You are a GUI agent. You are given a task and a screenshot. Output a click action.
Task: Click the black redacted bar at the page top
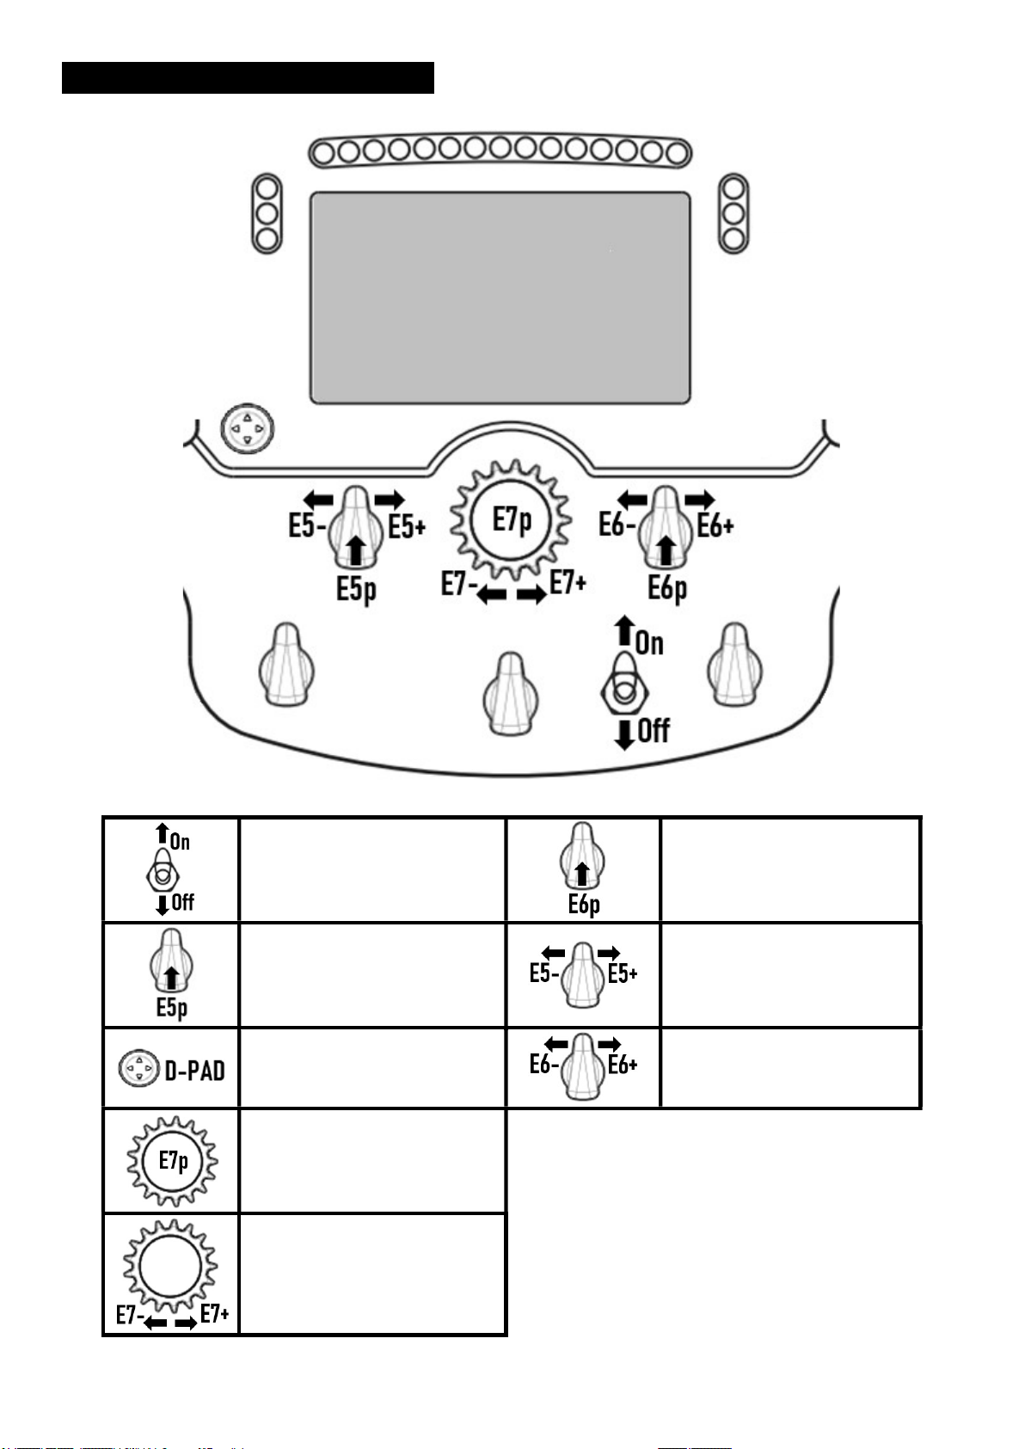248,77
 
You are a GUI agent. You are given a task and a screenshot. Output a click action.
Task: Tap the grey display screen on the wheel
500,298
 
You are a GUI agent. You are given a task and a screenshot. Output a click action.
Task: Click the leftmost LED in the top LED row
324,153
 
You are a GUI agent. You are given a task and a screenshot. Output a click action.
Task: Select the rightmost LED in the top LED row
677,153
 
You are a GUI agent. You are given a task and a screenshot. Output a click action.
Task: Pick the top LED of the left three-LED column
267,189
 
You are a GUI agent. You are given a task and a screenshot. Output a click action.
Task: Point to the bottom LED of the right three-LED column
733,239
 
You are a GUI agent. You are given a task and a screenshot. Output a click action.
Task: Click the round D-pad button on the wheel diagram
247,429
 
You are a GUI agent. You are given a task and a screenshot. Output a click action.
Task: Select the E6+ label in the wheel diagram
715,526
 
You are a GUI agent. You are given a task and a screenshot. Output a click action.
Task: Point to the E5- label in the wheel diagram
307,526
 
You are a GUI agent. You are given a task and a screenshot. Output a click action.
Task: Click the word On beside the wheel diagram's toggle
649,643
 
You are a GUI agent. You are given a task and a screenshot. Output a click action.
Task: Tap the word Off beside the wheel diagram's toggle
654,731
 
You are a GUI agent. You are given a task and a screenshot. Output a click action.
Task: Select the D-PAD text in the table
194,1071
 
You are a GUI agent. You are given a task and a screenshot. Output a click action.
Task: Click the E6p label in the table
584,905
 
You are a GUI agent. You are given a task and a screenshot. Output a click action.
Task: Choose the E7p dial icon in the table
172,1161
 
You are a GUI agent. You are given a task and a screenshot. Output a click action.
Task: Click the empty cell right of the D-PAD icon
371,1068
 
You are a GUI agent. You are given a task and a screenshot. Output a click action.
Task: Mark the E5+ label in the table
623,973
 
